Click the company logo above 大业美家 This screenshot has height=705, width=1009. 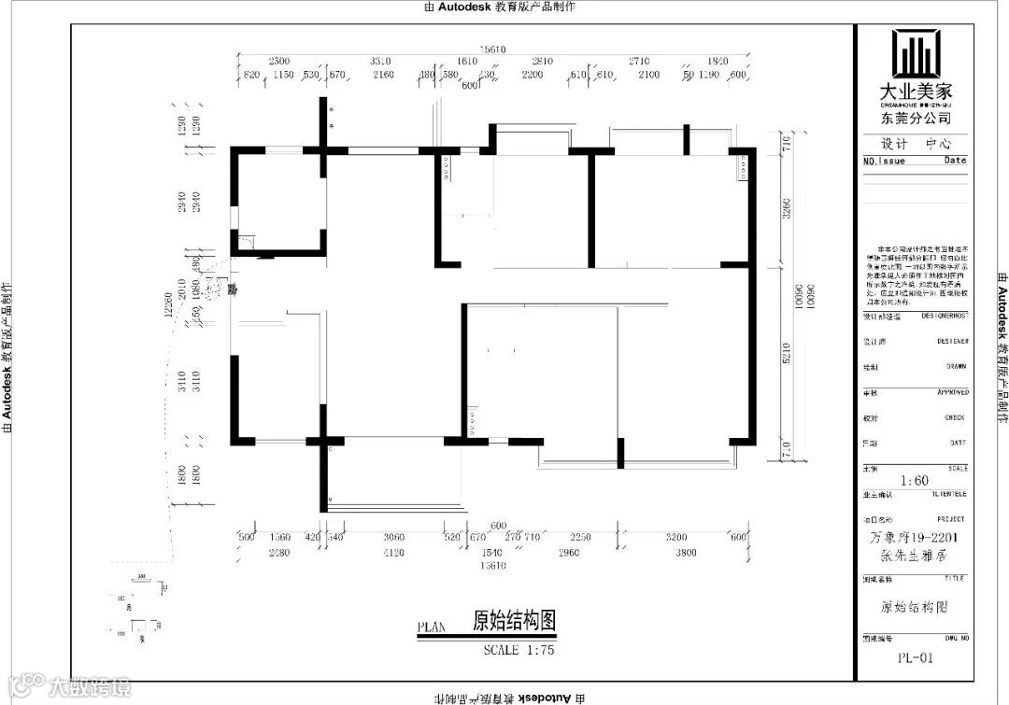pyautogui.click(x=916, y=54)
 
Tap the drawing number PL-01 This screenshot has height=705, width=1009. pyautogui.click(x=916, y=657)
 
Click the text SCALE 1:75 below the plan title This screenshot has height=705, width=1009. pyautogui.click(x=519, y=650)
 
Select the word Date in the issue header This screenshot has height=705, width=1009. pyautogui.click(x=955, y=161)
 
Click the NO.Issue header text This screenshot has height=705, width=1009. pyautogui.click(x=884, y=161)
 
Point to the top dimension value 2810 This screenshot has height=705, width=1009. pyautogui.click(x=543, y=62)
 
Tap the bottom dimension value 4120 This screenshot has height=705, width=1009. pyautogui.click(x=393, y=553)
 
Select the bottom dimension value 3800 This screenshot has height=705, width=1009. pyautogui.click(x=686, y=553)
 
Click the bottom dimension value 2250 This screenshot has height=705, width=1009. pyautogui.click(x=580, y=538)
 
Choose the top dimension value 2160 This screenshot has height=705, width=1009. pyautogui.click(x=383, y=75)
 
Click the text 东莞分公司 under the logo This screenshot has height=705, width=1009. pyautogui.click(x=916, y=119)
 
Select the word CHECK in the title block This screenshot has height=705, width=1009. pyautogui.click(x=954, y=417)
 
